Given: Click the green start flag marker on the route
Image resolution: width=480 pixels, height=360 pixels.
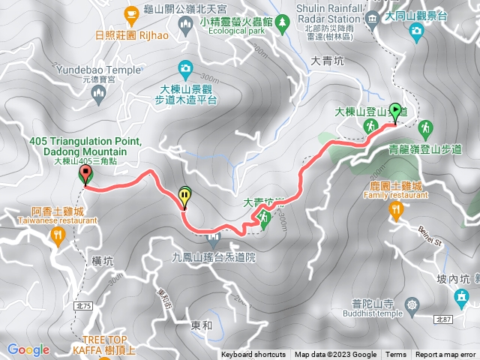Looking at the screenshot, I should tap(395, 113).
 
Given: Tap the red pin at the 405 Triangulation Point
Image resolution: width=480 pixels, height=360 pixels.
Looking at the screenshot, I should tap(85, 175).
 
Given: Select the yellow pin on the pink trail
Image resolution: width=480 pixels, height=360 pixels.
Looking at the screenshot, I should tap(185, 197).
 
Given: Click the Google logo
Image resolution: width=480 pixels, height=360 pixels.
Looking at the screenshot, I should tap(28, 349).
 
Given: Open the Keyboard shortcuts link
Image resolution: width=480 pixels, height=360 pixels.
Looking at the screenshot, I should tap(253, 355).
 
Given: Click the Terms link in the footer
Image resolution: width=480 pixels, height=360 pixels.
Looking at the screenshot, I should tap(396, 355).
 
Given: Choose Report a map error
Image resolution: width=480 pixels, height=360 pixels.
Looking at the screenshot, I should tap(446, 355).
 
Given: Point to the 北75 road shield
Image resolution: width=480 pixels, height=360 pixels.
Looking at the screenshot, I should tap(82, 285).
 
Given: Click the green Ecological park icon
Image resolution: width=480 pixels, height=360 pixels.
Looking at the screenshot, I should tap(283, 24).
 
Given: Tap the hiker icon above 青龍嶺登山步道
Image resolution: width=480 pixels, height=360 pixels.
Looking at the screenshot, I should tap(425, 127).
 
